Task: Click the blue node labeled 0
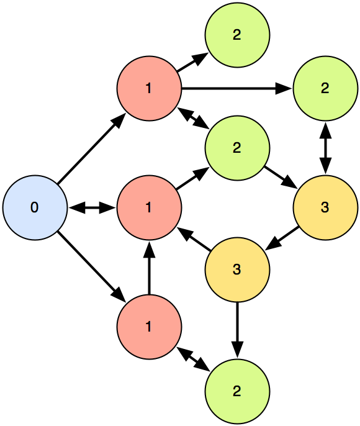point(35,207)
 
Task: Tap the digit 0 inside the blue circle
point(35,207)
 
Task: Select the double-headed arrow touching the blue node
point(92,208)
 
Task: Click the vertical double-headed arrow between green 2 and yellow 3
point(325,148)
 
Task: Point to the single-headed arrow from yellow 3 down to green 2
point(237,330)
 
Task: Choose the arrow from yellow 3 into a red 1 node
point(194,239)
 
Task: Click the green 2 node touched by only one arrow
point(237,35)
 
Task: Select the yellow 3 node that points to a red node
point(237,270)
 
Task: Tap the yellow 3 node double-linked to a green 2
point(325,207)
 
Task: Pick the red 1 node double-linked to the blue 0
point(149,207)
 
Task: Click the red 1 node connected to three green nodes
point(149,88)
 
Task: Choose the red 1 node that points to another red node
point(149,327)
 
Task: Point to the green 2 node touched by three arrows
point(237,148)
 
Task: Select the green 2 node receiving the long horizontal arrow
point(325,88)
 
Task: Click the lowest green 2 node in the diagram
point(237,391)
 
